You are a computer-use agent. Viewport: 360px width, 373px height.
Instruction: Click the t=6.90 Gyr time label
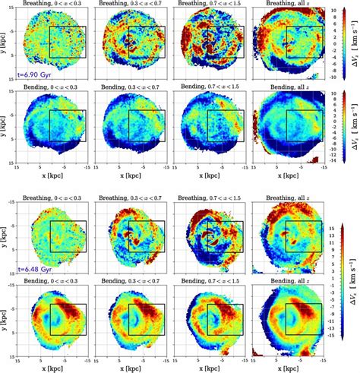click(34, 69)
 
